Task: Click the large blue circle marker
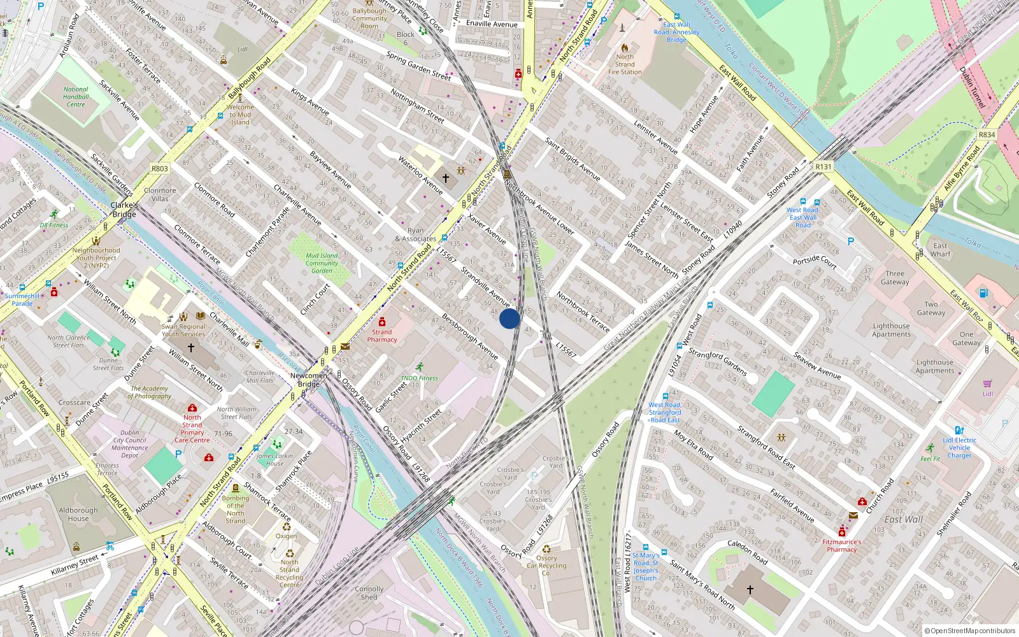509,318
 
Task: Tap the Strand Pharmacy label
382,336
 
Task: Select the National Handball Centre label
76,97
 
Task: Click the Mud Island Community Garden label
322,263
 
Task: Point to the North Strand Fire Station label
625,64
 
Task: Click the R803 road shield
160,169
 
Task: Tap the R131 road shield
823,167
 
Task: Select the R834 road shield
987,135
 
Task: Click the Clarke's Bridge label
124,210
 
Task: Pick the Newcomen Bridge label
309,380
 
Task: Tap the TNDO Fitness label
419,378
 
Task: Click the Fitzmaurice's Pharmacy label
841,546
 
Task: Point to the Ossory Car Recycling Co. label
546,566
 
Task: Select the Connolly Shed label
369,593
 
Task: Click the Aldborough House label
78,514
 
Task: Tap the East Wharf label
940,250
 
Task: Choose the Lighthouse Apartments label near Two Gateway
891,330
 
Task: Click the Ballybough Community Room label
369,18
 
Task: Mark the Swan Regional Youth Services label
183,330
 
